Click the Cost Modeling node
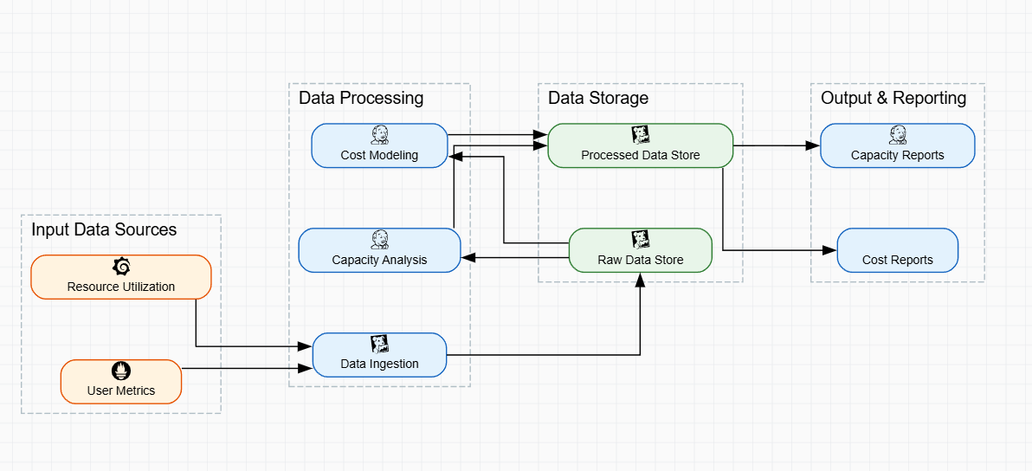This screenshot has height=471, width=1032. click(x=379, y=145)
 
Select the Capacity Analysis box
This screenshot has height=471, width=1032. click(x=379, y=250)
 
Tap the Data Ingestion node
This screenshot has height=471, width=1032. click(x=379, y=355)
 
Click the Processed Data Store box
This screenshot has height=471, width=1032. click(x=641, y=145)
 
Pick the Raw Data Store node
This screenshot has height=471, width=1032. click(x=641, y=250)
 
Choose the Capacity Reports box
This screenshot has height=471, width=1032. click(x=897, y=145)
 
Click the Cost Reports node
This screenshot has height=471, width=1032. click(x=897, y=250)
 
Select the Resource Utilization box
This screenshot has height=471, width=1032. click(x=121, y=277)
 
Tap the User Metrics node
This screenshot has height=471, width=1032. click(x=121, y=382)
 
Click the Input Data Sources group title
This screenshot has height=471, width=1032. click(x=104, y=229)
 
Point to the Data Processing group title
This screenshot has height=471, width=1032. click(x=361, y=98)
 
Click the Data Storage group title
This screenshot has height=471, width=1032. click(x=598, y=98)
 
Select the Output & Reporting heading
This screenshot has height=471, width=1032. click(x=893, y=98)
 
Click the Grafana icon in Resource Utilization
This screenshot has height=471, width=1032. click(x=121, y=267)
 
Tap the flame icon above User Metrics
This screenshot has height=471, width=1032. click(x=121, y=371)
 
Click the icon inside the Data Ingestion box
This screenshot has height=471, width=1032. click(x=379, y=344)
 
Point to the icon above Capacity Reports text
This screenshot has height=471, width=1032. click(x=897, y=134)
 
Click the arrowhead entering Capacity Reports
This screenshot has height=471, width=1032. click(x=814, y=145)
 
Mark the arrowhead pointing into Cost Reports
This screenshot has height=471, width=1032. click(x=831, y=250)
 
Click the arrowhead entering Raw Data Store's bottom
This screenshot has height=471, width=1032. click(x=641, y=279)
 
